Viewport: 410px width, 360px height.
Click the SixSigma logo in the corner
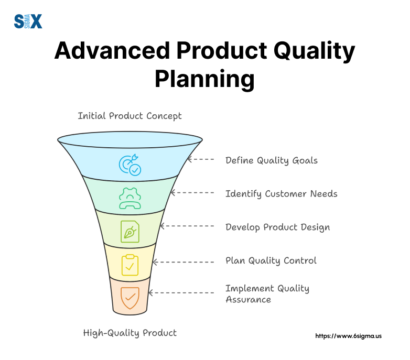tap(28, 21)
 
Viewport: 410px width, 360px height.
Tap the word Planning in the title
tap(204, 80)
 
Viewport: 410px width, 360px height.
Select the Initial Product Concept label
tap(130, 116)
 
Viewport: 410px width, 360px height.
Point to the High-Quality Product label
tap(130, 333)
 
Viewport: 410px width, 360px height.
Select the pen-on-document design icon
tap(130, 231)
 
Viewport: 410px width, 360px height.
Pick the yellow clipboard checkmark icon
tap(130, 265)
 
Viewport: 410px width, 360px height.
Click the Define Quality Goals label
tap(271, 160)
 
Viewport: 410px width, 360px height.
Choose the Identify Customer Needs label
tap(281, 194)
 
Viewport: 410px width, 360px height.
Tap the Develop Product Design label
tap(277, 227)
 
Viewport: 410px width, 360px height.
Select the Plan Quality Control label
tap(271, 260)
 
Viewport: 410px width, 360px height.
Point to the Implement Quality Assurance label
tap(267, 294)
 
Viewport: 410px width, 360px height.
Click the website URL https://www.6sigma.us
tap(348, 335)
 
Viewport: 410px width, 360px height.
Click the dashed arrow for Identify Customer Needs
tap(192, 193)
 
